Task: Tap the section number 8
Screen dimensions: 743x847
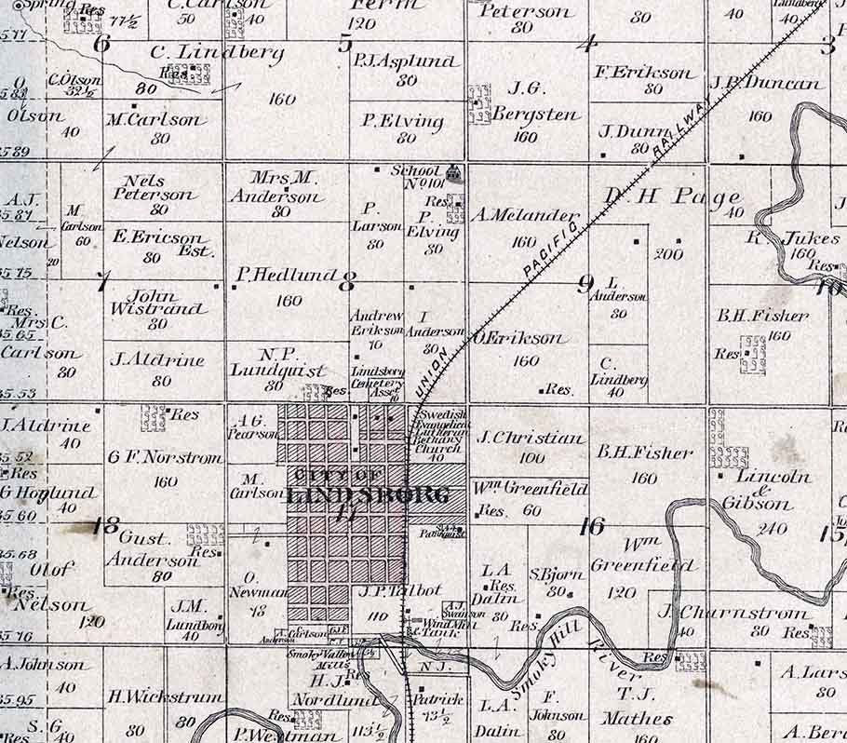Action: coord(350,278)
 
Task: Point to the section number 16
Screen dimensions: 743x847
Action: coord(591,526)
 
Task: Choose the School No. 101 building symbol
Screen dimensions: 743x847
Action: coord(454,172)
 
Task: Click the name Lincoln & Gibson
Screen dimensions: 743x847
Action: coord(760,490)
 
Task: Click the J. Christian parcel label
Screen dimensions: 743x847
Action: coord(530,437)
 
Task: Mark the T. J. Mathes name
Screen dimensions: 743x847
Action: coord(636,705)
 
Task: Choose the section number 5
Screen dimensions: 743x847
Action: coord(344,43)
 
